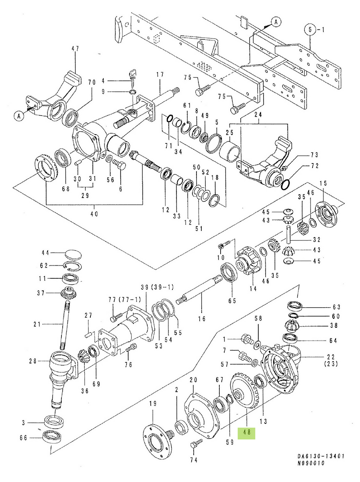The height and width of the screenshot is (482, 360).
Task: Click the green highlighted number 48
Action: [x=247, y=433]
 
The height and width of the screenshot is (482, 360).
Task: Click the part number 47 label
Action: [x=75, y=49]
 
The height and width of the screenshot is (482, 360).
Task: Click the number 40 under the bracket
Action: [x=94, y=214]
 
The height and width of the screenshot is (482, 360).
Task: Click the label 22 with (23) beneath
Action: [x=321, y=360]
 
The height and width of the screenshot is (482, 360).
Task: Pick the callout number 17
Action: [x=160, y=74]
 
